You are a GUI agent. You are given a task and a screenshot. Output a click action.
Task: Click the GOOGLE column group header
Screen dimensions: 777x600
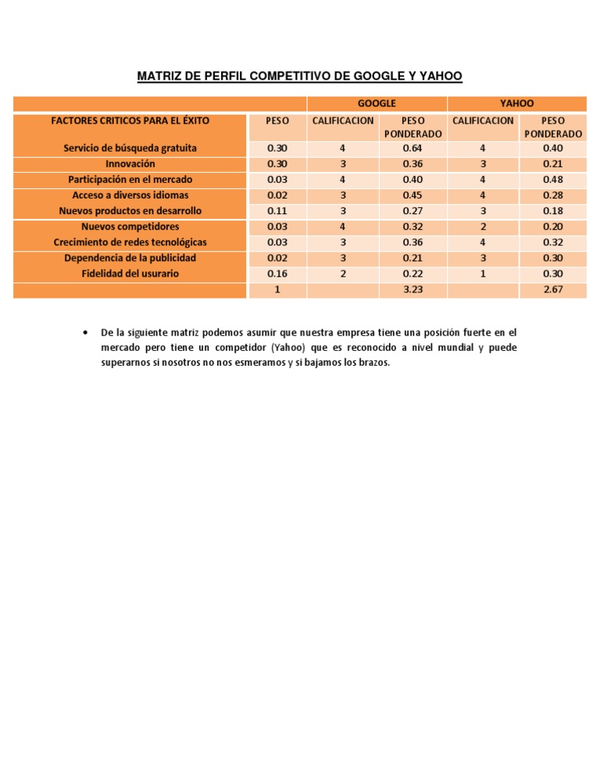(x=377, y=103)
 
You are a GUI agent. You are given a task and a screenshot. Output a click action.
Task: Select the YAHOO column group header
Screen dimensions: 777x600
(x=516, y=103)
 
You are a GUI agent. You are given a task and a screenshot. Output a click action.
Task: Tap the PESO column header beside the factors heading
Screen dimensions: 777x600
(x=277, y=120)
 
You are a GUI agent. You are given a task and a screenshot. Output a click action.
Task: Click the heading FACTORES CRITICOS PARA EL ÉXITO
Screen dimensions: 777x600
(x=130, y=120)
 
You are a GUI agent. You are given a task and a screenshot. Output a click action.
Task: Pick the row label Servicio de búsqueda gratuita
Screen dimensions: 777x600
(x=130, y=148)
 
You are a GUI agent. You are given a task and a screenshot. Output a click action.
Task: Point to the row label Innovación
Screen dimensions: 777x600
(x=130, y=163)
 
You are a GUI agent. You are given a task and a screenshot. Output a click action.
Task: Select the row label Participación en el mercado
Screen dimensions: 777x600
(x=130, y=179)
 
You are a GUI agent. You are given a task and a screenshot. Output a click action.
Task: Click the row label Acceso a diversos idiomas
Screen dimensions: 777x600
(x=130, y=195)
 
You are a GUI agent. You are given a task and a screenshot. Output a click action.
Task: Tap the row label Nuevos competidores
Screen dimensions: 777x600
(x=130, y=227)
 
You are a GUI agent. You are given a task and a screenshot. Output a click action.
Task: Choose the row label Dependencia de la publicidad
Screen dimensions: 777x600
(x=130, y=258)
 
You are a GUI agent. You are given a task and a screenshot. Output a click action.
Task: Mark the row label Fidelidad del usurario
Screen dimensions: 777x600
(x=130, y=274)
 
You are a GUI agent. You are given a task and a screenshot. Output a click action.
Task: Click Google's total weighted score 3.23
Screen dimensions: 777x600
(x=412, y=289)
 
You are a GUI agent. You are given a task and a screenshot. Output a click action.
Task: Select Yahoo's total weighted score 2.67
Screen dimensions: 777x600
(x=552, y=289)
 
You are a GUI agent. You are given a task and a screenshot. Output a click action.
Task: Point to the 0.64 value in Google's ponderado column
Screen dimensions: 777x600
(x=412, y=148)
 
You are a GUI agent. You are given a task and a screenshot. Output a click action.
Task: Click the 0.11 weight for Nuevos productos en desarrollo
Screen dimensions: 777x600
(x=277, y=210)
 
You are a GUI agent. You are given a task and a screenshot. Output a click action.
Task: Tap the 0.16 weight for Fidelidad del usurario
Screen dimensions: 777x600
(x=277, y=274)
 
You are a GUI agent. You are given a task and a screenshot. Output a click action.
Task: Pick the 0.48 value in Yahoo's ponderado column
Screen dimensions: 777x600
(x=552, y=179)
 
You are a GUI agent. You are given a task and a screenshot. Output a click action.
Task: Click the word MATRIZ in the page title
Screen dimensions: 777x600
(x=160, y=76)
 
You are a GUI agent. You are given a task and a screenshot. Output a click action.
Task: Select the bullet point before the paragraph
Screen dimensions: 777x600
(x=84, y=332)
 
